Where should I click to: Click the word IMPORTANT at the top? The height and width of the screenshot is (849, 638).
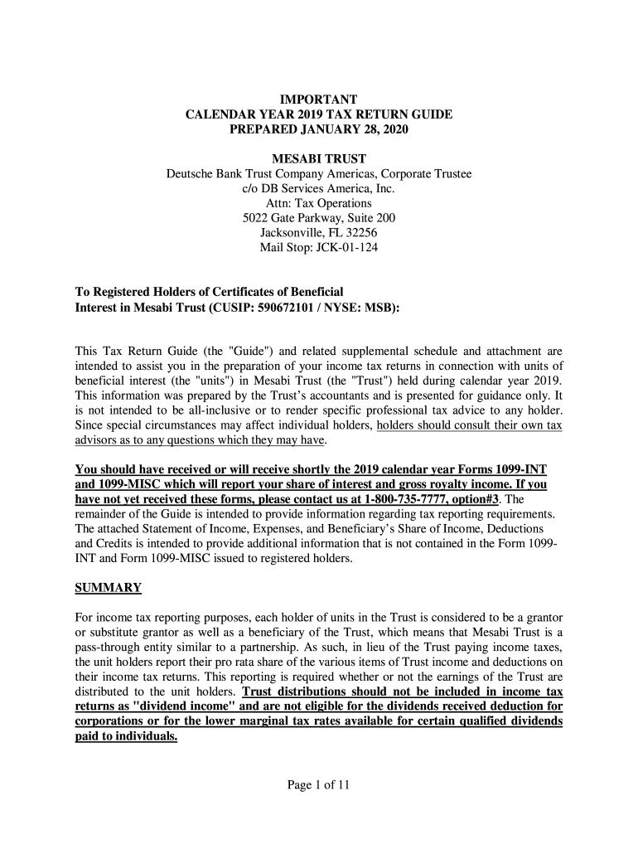[319, 100]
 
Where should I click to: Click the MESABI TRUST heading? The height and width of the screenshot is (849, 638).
[319, 158]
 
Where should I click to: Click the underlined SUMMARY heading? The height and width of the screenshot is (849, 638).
[109, 588]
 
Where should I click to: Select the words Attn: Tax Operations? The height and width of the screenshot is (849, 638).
[319, 203]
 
